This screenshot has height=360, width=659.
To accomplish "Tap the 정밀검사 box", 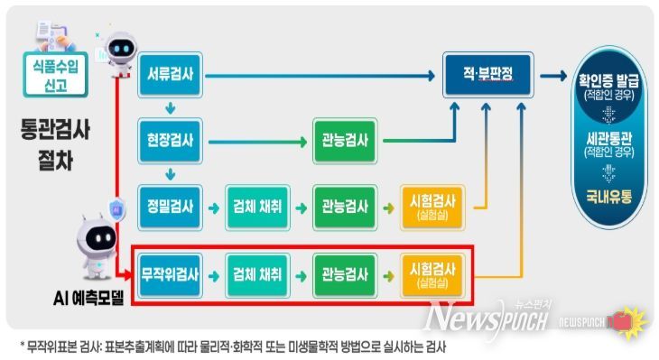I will pos(170,206).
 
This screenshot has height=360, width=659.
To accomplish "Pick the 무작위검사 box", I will pos(170,271).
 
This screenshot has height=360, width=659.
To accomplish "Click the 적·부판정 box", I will pos(488,74).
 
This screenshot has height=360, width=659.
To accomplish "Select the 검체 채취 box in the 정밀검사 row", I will pos(256,206).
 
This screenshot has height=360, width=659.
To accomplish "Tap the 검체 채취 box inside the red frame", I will pos(256,271).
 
